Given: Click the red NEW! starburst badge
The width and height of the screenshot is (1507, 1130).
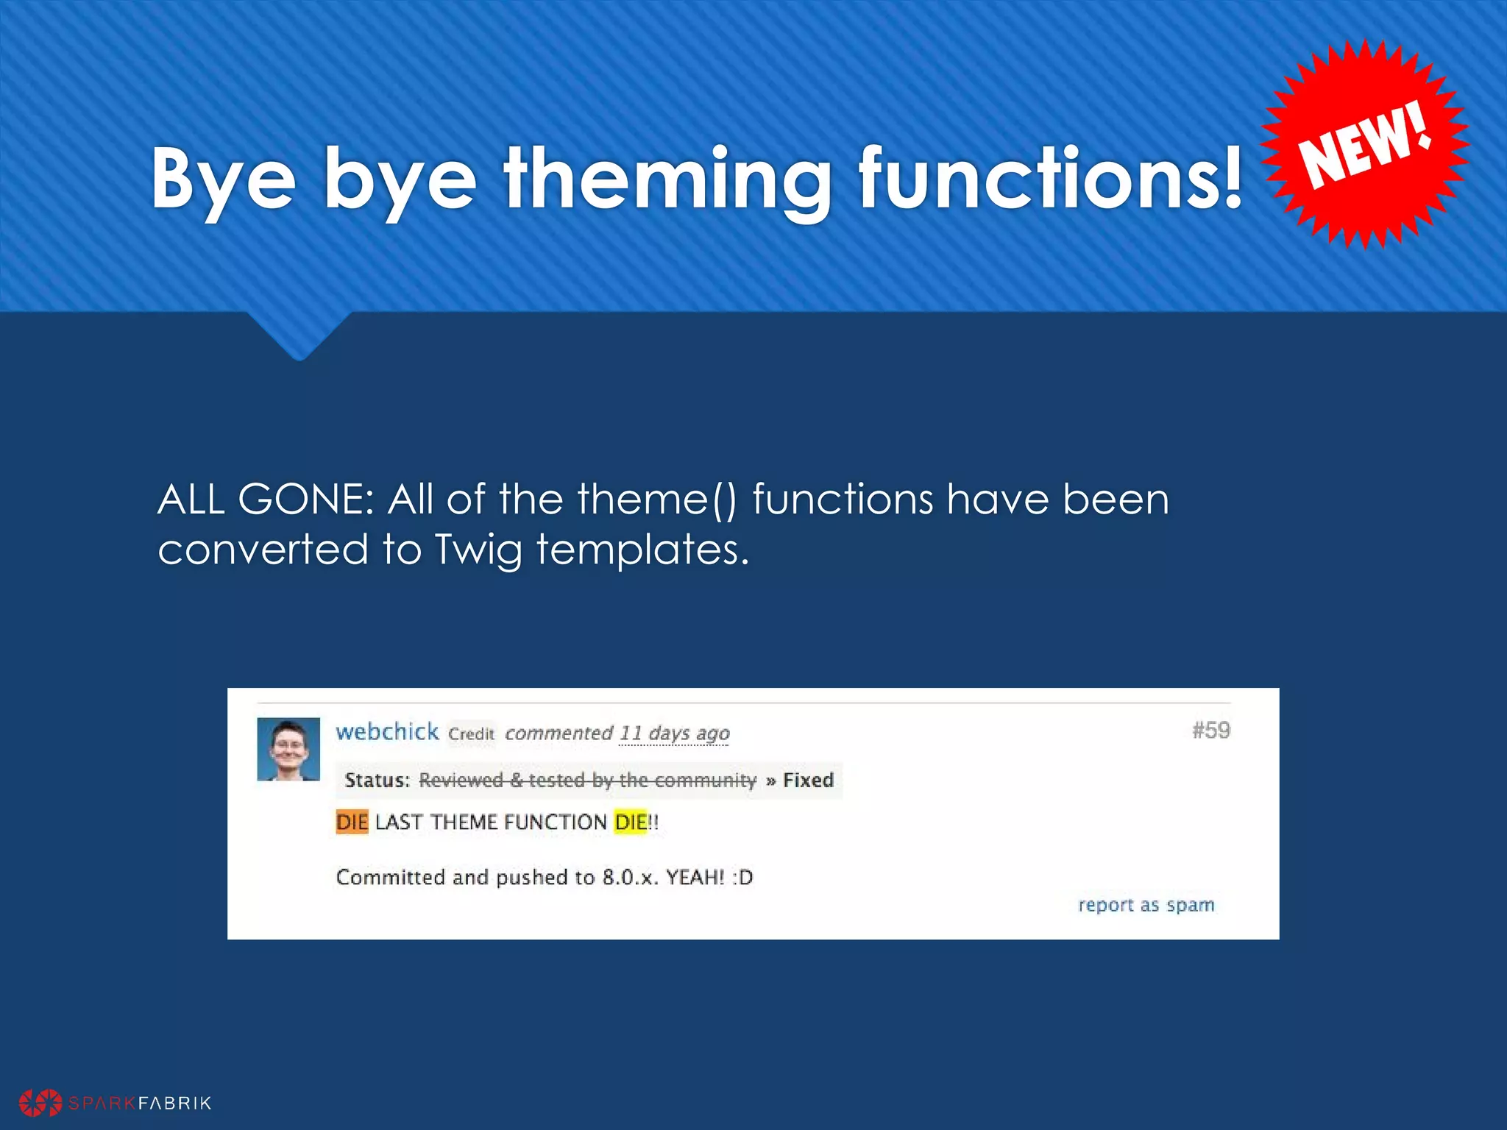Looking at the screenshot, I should (x=1365, y=144).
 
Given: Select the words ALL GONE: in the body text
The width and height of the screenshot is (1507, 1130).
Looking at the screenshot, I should (x=266, y=500).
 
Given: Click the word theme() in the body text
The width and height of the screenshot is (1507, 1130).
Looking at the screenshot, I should (x=656, y=500).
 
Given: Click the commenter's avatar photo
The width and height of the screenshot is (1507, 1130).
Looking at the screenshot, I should (x=288, y=749).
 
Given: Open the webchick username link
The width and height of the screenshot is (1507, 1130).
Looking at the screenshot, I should (x=387, y=732).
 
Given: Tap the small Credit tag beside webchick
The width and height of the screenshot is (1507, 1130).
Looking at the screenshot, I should (x=471, y=734).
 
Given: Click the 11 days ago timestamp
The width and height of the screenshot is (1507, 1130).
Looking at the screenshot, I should (x=674, y=733).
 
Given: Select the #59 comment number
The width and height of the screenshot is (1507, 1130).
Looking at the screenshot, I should (x=1211, y=731).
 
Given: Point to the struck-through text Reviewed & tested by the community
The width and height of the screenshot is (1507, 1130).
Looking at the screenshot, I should (x=587, y=780).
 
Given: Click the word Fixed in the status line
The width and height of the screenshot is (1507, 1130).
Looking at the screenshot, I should (x=808, y=780).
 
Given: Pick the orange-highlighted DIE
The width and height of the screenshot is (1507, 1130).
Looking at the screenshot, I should (x=352, y=822).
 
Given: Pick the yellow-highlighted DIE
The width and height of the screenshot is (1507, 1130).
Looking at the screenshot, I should (x=630, y=822).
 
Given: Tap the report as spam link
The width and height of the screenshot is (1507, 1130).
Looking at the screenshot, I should (x=1146, y=905).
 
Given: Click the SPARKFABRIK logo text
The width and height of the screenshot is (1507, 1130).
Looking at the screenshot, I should (x=140, y=1103).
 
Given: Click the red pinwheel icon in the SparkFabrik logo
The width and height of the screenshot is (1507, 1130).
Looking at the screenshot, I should (x=40, y=1103).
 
